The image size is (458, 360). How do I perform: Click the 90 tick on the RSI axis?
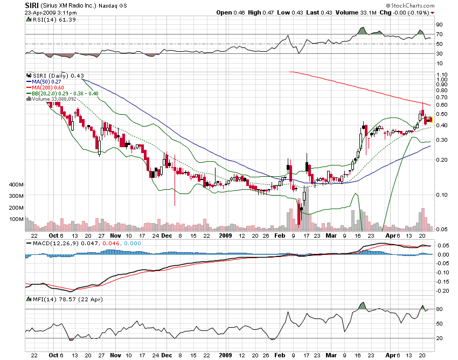click(440, 25)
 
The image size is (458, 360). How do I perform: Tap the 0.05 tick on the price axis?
click(442, 230)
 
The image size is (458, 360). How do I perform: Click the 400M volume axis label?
click(17, 185)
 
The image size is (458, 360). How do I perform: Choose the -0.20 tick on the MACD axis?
click(442, 290)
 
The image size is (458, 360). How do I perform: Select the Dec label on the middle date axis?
click(167, 236)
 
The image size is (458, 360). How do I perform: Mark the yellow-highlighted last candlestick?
click(429, 119)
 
